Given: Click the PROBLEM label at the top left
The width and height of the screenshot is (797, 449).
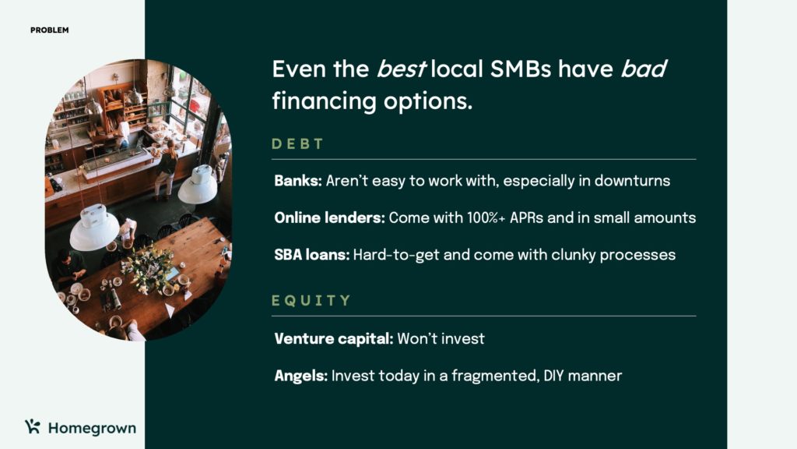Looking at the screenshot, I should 50,30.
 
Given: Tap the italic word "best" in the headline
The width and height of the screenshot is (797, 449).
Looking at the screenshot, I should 400,69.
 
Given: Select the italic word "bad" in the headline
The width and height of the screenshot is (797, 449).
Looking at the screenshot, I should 644,69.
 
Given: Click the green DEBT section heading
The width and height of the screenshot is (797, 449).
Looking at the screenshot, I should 297,144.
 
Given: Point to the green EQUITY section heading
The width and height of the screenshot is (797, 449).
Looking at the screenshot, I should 311,301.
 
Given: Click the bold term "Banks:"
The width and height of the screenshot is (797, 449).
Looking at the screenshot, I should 297,181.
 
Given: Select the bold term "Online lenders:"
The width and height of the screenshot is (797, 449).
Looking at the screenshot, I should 329,217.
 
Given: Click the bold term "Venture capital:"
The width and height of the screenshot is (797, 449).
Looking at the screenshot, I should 334,338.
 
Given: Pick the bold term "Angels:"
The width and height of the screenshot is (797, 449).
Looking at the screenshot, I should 300,376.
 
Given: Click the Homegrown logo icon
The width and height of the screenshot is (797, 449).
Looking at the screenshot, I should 32,426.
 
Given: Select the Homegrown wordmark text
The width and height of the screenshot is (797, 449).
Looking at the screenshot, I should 92,428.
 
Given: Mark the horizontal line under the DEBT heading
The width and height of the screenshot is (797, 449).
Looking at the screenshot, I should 483,159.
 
